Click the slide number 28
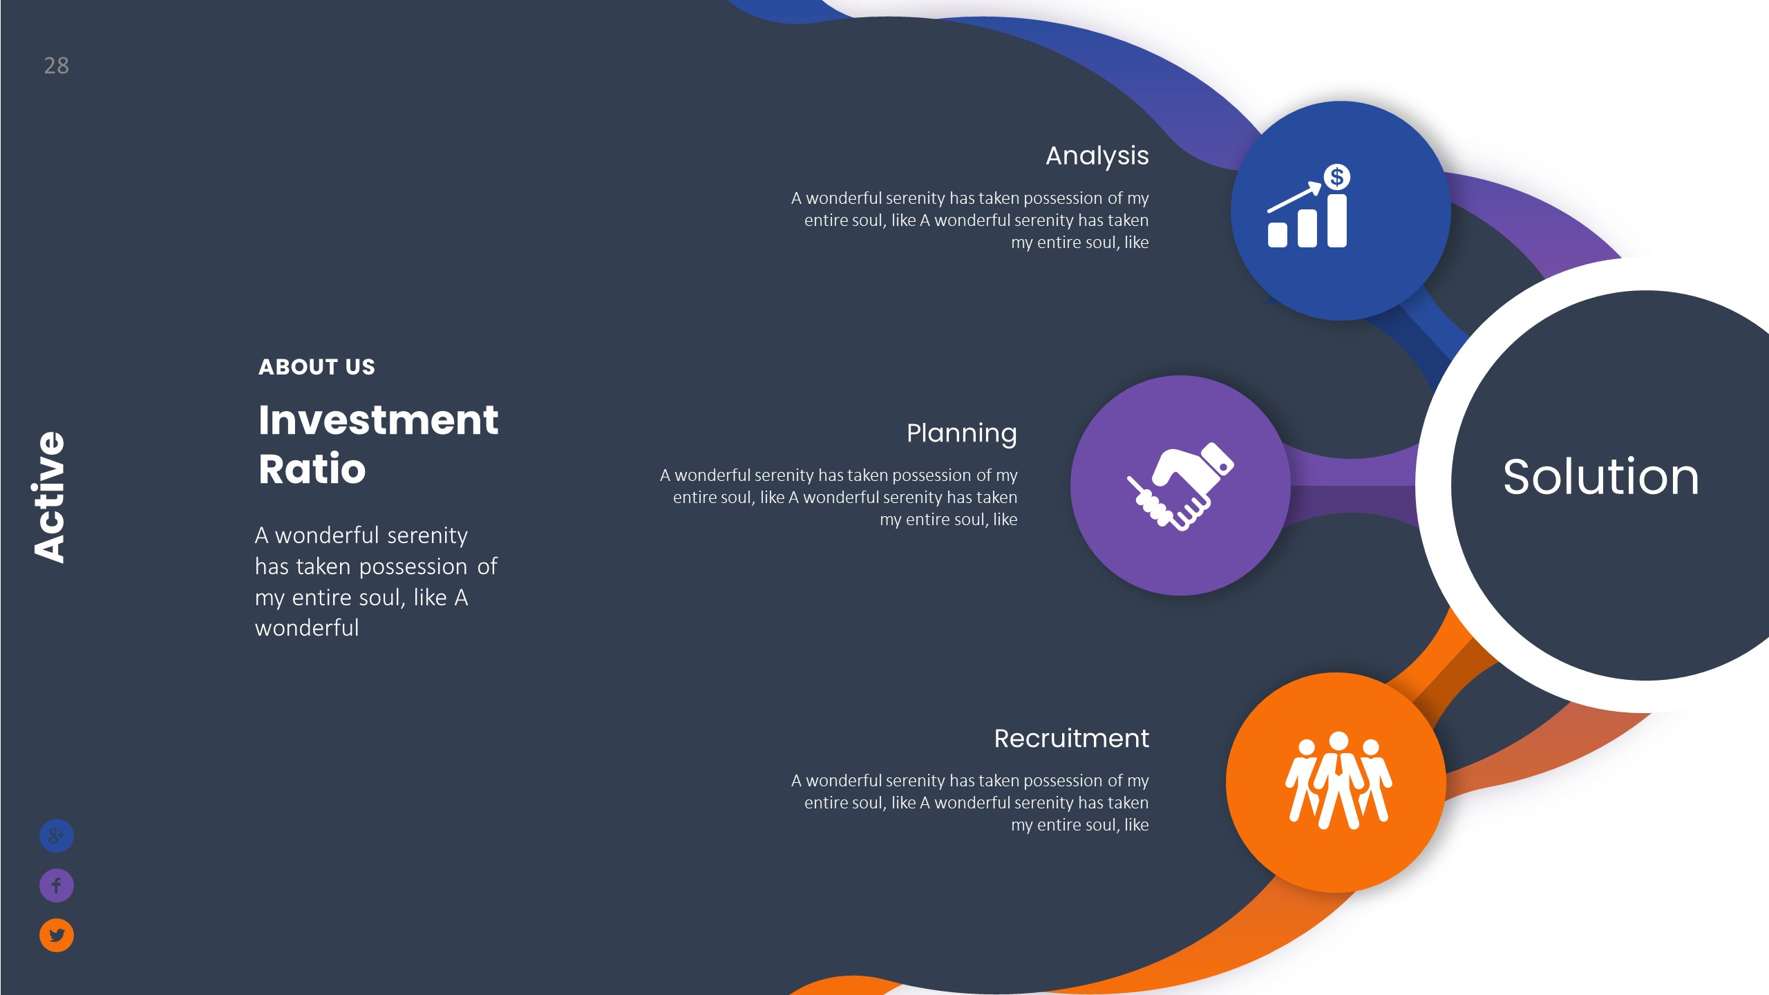pos(56,66)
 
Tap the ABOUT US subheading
pos(316,367)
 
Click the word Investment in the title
pos(378,420)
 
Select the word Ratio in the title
pos(312,469)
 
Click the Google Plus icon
pos(57,836)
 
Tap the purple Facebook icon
pos(57,885)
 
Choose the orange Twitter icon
pos(57,935)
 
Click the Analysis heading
pos(1097,156)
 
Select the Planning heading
pos(961,433)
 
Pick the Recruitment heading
pos(1071,739)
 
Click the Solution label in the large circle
pos(1600,477)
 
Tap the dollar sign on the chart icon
pos(1336,177)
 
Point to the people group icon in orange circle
pos(1338,781)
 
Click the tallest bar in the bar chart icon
pos(1336,220)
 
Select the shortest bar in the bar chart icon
pos(1277,234)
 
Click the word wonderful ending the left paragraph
pos(307,628)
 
